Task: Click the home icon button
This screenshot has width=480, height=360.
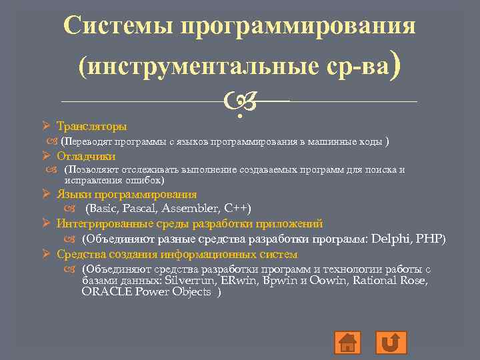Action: (347, 342)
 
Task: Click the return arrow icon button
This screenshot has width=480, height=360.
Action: (391, 342)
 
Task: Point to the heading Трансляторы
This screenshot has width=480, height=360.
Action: (92, 126)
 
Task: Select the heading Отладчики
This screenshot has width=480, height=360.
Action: (86, 157)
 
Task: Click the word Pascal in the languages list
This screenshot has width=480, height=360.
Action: (146, 209)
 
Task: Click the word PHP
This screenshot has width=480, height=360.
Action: (429, 239)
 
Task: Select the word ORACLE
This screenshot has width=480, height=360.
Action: (103, 292)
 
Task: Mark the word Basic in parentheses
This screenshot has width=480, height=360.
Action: (109, 209)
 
